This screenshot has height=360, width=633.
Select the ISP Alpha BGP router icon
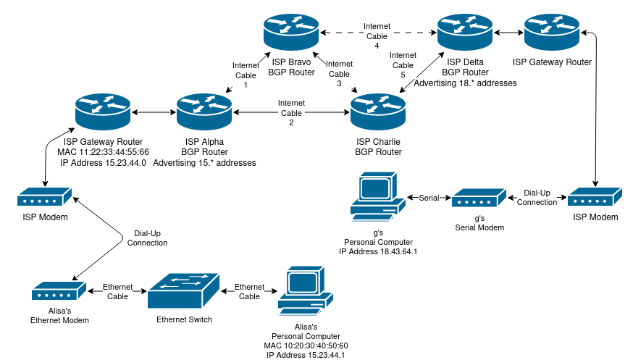click(204, 112)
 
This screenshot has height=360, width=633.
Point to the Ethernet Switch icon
click(184, 292)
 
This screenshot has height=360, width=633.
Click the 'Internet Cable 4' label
click(377, 36)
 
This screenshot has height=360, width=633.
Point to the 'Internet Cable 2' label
click(291, 113)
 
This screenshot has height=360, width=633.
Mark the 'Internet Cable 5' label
click(403, 65)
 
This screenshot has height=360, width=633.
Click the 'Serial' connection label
click(429, 198)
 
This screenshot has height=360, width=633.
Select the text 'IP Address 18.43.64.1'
click(378, 251)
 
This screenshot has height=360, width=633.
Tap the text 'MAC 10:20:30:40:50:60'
click(306, 346)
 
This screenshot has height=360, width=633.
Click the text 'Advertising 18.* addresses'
click(465, 83)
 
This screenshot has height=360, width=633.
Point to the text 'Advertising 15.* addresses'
click(204, 163)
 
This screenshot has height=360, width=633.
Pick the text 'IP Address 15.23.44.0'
click(103, 163)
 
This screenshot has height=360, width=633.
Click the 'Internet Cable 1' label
click(245, 75)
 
